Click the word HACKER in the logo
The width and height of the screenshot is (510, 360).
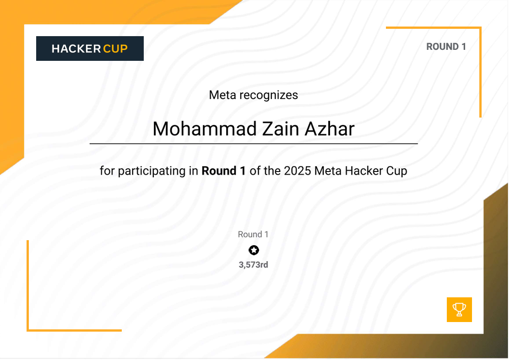tap(76, 48)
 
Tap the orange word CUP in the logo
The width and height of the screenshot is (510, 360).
tap(115, 48)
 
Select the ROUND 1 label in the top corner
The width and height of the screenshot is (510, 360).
tap(446, 47)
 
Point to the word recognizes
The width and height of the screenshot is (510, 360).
tap(269, 95)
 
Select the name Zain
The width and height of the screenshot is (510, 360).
tap(274, 129)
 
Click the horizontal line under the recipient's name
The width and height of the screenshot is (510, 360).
tap(254, 144)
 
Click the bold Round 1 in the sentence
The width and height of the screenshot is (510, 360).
tap(223, 171)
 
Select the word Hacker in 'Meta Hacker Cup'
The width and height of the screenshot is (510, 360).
tap(364, 171)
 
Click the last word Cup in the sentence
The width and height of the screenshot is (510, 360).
tap(396, 172)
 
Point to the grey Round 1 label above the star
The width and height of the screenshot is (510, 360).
tap(253, 234)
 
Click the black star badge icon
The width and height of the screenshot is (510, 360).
tap(254, 250)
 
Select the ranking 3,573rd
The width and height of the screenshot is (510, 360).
tap(253, 264)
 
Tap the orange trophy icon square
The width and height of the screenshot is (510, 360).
tap(459, 310)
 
